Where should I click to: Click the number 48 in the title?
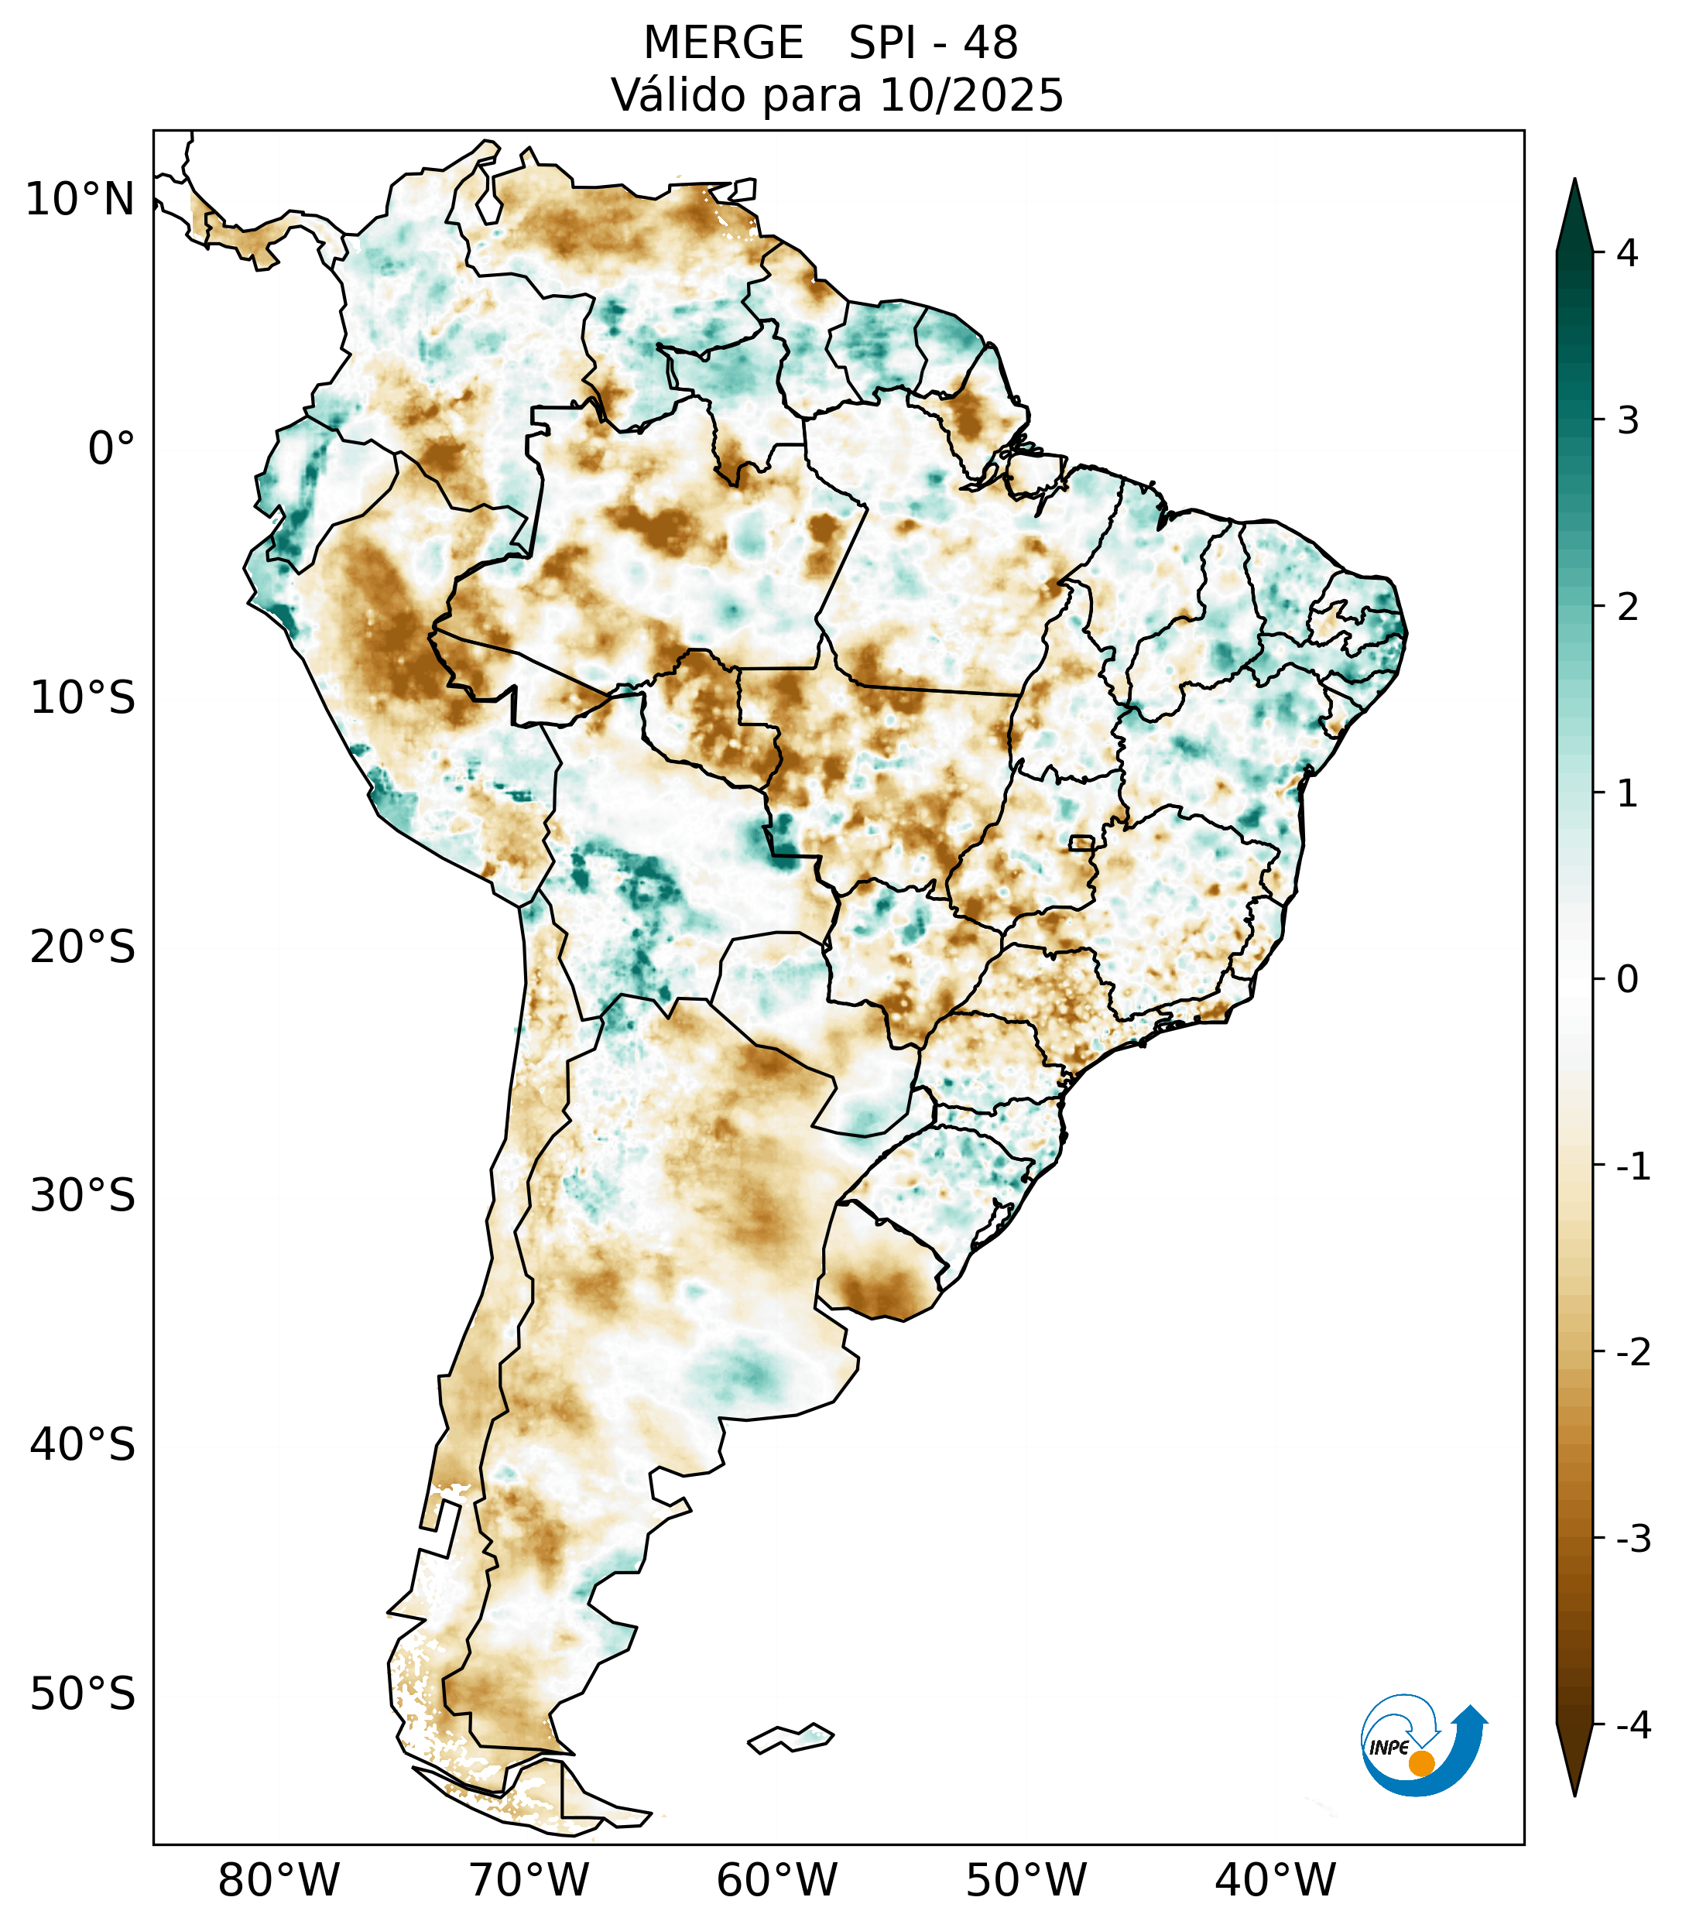pyautogui.click(x=991, y=43)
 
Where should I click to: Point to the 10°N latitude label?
pyautogui.click(x=81, y=200)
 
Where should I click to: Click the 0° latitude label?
pyautogui.click(x=111, y=449)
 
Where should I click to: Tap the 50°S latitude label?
pyautogui.click(x=83, y=1694)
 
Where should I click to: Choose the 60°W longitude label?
pyautogui.click(x=776, y=1879)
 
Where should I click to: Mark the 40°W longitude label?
pyautogui.click(x=1274, y=1879)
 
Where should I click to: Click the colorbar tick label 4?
pyautogui.click(x=1627, y=253)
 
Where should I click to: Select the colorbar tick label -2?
pyautogui.click(x=1633, y=1353)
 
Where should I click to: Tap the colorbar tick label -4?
pyautogui.click(x=1633, y=1725)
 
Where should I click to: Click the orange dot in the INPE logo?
pyautogui.click(x=1421, y=1763)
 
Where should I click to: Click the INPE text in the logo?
pyautogui.click(x=1389, y=1748)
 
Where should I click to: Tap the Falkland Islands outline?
pyautogui.click(x=790, y=1738)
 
